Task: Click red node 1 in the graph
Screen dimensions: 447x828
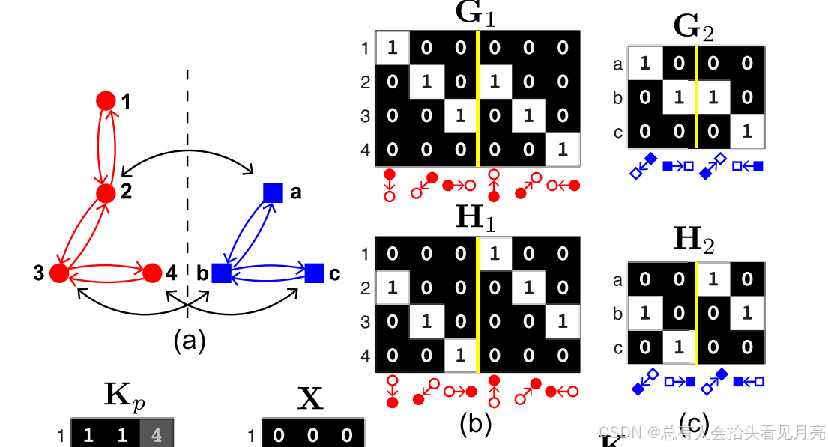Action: (106, 100)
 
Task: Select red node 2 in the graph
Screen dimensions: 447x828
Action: (106, 192)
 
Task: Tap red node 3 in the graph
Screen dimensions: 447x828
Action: (59, 273)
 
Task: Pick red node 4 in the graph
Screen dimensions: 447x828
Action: (151, 273)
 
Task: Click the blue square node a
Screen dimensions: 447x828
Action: (273, 192)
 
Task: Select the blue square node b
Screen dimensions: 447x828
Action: (221, 273)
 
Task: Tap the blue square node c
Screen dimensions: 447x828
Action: (314, 273)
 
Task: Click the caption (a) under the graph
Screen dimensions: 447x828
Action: (189, 341)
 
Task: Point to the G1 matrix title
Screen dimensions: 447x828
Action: (476, 14)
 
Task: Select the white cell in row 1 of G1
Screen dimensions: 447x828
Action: (392, 48)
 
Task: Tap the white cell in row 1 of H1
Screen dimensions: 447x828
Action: (495, 254)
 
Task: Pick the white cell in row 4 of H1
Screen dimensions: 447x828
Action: (460, 356)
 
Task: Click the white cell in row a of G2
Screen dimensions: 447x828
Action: (644, 64)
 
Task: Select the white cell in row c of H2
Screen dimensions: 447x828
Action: (678, 348)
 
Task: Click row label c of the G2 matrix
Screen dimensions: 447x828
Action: (617, 133)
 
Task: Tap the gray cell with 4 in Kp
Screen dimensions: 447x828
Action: (157, 435)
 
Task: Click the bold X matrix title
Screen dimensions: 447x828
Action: (310, 401)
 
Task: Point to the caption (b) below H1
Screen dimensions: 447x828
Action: (476, 424)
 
